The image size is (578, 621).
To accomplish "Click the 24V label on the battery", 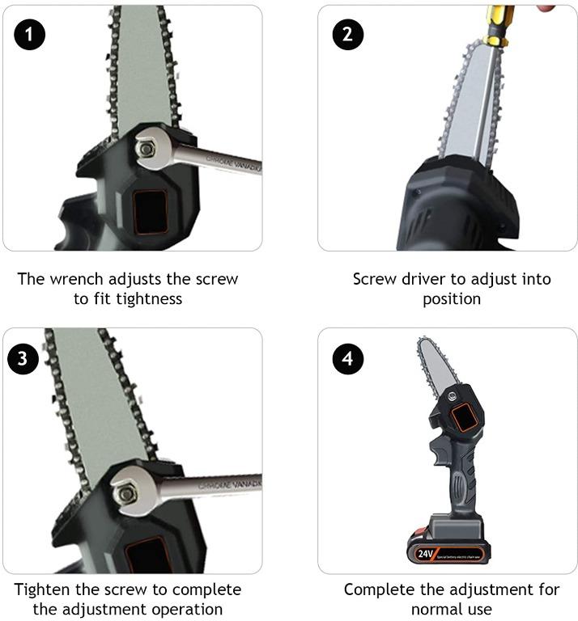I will (x=427, y=555).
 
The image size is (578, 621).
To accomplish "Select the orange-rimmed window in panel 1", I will (x=149, y=209).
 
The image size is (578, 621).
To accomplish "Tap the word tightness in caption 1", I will (x=147, y=299).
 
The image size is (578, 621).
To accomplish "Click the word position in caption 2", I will (x=452, y=299).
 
